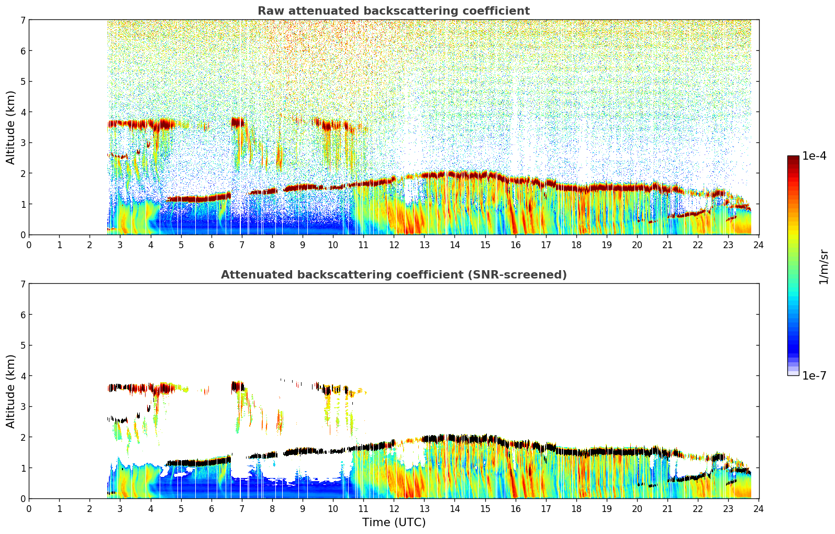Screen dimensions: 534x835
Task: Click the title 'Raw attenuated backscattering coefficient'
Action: click(x=394, y=11)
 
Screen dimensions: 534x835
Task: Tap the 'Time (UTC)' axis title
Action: click(x=394, y=522)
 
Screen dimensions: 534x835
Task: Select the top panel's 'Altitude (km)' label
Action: click(x=11, y=127)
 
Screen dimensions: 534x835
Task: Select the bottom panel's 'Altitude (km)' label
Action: click(x=11, y=391)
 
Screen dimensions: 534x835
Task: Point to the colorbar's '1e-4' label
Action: click(x=814, y=156)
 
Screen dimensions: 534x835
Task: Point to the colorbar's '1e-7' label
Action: click(x=814, y=375)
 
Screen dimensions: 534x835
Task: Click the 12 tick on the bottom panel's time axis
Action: click(x=394, y=508)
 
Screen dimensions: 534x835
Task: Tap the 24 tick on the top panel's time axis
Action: click(x=759, y=244)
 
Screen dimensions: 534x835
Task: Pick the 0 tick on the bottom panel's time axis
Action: click(x=29, y=508)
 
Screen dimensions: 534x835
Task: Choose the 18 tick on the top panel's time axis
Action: click(x=576, y=244)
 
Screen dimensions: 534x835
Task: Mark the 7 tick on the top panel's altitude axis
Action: click(x=23, y=20)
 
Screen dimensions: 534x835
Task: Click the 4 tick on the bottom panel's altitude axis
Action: click(x=23, y=376)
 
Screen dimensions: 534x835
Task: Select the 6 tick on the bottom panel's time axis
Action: click(x=211, y=508)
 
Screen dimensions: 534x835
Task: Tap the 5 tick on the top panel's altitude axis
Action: click(x=23, y=81)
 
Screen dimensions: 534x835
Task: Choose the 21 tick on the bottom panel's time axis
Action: click(x=667, y=508)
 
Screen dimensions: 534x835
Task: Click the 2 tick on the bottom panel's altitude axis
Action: click(x=23, y=437)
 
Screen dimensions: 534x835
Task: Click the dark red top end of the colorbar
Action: click(x=793, y=158)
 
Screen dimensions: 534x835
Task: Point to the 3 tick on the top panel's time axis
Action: click(x=120, y=244)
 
